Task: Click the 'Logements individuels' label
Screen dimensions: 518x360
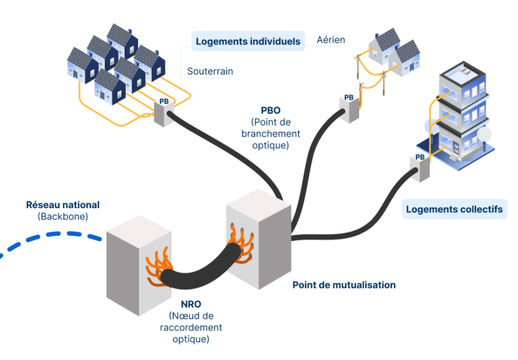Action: (248, 41)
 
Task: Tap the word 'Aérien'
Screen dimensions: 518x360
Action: (331, 40)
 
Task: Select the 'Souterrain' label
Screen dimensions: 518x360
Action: (210, 71)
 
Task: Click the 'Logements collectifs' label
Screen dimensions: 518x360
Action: (454, 209)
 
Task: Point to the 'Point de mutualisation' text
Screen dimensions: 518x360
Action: (344, 285)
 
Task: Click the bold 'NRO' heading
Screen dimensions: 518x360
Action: (191, 304)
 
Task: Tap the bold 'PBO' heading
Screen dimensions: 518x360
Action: (270, 110)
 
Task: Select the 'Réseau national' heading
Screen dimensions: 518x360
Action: (63, 205)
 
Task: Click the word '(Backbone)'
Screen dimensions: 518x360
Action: (63, 217)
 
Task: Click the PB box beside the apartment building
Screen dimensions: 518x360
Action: (420, 168)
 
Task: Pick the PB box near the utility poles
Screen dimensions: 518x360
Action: (349, 109)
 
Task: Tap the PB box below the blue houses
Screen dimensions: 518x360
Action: (164, 112)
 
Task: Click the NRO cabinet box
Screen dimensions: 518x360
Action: (138, 265)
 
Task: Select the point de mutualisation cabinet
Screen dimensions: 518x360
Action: (258, 239)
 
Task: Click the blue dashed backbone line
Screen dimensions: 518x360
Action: (50, 239)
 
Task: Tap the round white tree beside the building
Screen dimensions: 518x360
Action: (484, 134)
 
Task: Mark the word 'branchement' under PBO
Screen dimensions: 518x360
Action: (270, 134)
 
